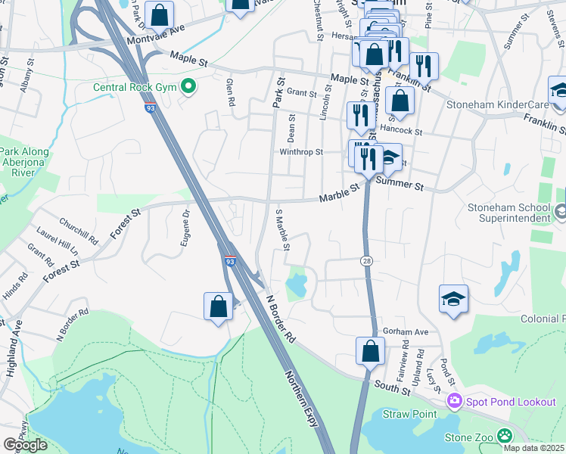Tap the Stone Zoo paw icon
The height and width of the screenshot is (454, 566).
[504, 436]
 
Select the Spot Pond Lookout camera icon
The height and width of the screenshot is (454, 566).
[455, 401]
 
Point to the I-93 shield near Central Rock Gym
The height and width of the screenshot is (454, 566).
[151, 108]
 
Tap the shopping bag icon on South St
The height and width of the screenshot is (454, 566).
[370, 351]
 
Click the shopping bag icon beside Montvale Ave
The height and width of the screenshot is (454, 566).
[160, 14]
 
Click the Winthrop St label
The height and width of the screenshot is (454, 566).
[301, 151]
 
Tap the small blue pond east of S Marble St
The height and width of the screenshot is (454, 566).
[296, 285]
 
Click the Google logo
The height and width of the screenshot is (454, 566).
[25, 445]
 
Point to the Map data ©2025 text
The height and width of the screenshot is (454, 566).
[533, 448]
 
